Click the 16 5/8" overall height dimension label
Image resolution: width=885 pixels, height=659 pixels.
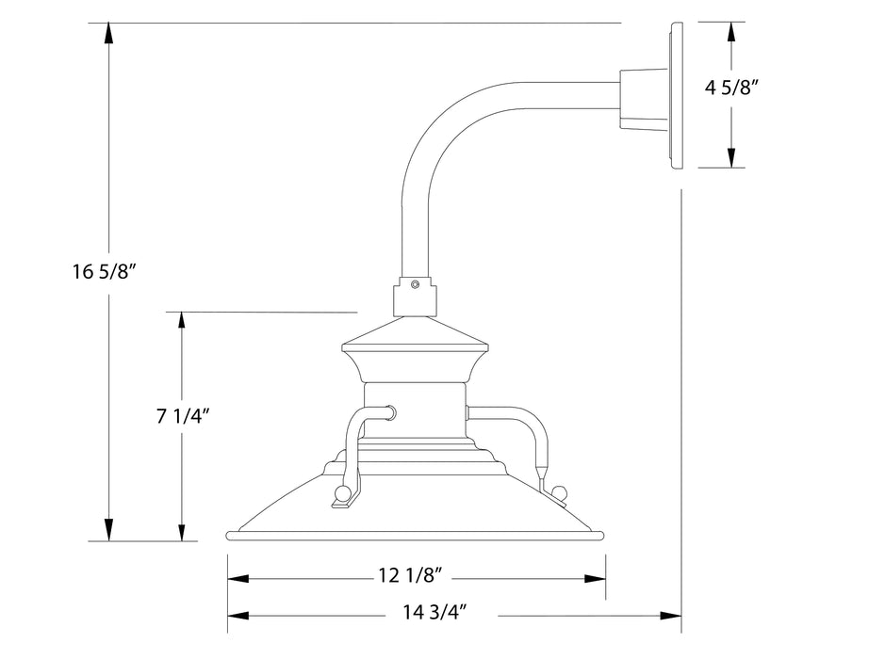(106, 272)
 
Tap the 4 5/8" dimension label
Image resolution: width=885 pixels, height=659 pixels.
(732, 88)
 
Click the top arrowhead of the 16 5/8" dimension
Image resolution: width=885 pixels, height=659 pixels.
(110, 32)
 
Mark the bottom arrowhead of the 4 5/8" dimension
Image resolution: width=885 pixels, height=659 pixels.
(730, 158)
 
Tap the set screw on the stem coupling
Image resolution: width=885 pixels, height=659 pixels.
(416, 282)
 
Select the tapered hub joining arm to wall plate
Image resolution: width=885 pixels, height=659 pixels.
(641, 97)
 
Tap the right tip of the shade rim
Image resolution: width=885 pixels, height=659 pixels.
(600, 536)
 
